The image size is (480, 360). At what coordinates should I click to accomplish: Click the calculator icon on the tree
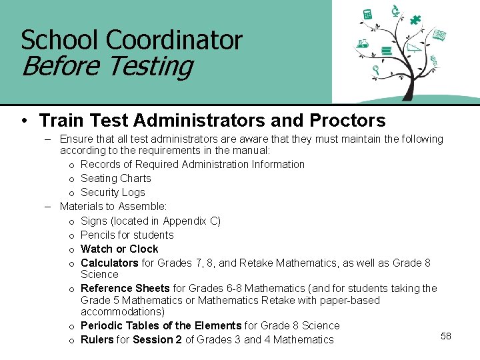click(367, 15)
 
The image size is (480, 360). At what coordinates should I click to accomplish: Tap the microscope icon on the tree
click(395, 10)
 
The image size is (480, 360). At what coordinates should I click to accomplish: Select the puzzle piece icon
click(415, 19)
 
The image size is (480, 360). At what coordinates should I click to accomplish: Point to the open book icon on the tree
click(439, 35)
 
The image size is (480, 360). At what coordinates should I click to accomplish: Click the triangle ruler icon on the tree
click(414, 47)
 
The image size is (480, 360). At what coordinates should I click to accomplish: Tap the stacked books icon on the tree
click(385, 51)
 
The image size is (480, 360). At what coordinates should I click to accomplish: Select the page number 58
click(446, 336)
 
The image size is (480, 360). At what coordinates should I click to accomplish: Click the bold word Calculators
click(109, 263)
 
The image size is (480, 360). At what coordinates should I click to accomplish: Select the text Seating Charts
click(115, 178)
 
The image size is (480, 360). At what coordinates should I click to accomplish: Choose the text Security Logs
click(113, 192)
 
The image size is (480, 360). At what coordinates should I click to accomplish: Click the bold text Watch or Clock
click(119, 249)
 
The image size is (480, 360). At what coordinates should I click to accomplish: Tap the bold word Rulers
click(97, 339)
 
